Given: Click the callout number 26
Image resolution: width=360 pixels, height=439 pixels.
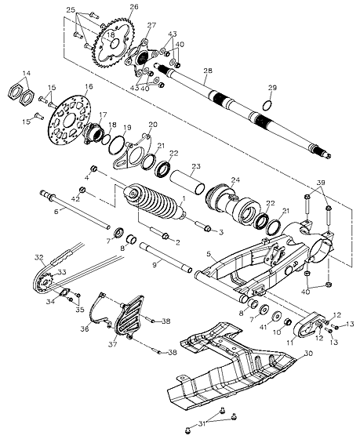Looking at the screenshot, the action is [x=134, y=6].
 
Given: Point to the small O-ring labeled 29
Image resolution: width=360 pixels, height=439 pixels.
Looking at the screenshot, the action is [x=267, y=106].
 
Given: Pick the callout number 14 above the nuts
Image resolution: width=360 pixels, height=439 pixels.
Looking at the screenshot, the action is [x=27, y=74].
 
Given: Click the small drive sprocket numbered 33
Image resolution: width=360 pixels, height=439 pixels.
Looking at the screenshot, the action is [x=45, y=283].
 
